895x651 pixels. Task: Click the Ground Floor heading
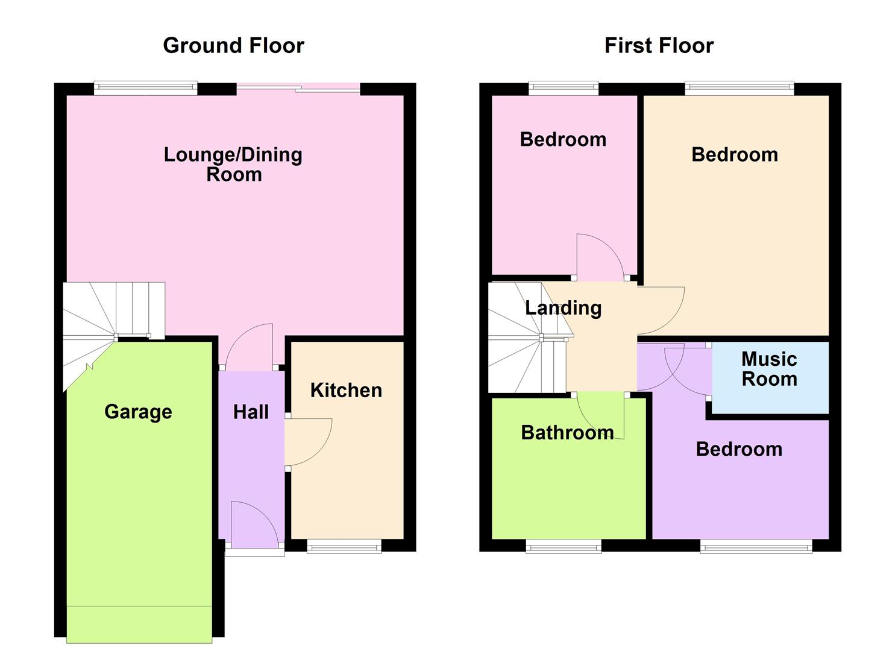coord(233,46)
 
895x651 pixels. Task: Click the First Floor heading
coord(659,46)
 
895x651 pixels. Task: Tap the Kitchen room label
coord(346,391)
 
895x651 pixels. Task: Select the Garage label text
coord(138,412)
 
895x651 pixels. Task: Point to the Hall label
coord(251,412)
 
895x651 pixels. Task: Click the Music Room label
coord(769,369)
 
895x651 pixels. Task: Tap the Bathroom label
coord(567,433)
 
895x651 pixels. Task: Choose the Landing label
coord(563,308)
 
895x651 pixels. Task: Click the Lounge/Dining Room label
coord(233,164)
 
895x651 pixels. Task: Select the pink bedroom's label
coord(563,140)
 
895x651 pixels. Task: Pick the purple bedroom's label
coord(739,449)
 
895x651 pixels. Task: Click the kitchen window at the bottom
coord(344,547)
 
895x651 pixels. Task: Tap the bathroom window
coord(564,547)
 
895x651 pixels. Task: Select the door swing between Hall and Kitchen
coord(307,442)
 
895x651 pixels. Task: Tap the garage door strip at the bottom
coord(139,624)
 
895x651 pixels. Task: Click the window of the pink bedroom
coord(564,89)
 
